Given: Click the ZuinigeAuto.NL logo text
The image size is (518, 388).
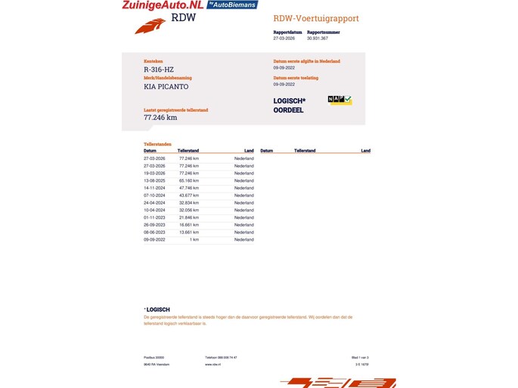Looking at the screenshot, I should [163, 5].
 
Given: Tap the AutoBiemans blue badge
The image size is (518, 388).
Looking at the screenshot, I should [233, 5].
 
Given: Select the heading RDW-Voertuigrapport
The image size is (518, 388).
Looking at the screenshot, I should [316, 18].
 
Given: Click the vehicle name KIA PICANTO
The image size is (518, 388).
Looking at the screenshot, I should [166, 87].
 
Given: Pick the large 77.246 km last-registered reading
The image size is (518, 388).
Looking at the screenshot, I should [160, 118].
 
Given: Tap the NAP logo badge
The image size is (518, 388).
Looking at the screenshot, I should [340, 100].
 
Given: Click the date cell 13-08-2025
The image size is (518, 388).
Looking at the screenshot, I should [154, 181].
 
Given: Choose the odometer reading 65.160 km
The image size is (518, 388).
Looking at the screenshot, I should [188, 181].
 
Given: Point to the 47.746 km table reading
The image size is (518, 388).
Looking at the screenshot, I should [188, 188].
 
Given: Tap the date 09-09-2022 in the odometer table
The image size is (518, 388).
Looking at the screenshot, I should [154, 239].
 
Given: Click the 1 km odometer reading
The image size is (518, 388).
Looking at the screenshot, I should [194, 239].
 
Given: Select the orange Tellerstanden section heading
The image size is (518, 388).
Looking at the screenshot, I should [157, 144].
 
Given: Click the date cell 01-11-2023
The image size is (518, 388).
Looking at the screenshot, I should [154, 217].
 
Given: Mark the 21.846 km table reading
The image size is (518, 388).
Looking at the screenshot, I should [188, 217].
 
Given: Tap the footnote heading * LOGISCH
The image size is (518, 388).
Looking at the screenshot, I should [157, 309].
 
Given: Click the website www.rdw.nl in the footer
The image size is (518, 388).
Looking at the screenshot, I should [212, 364].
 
